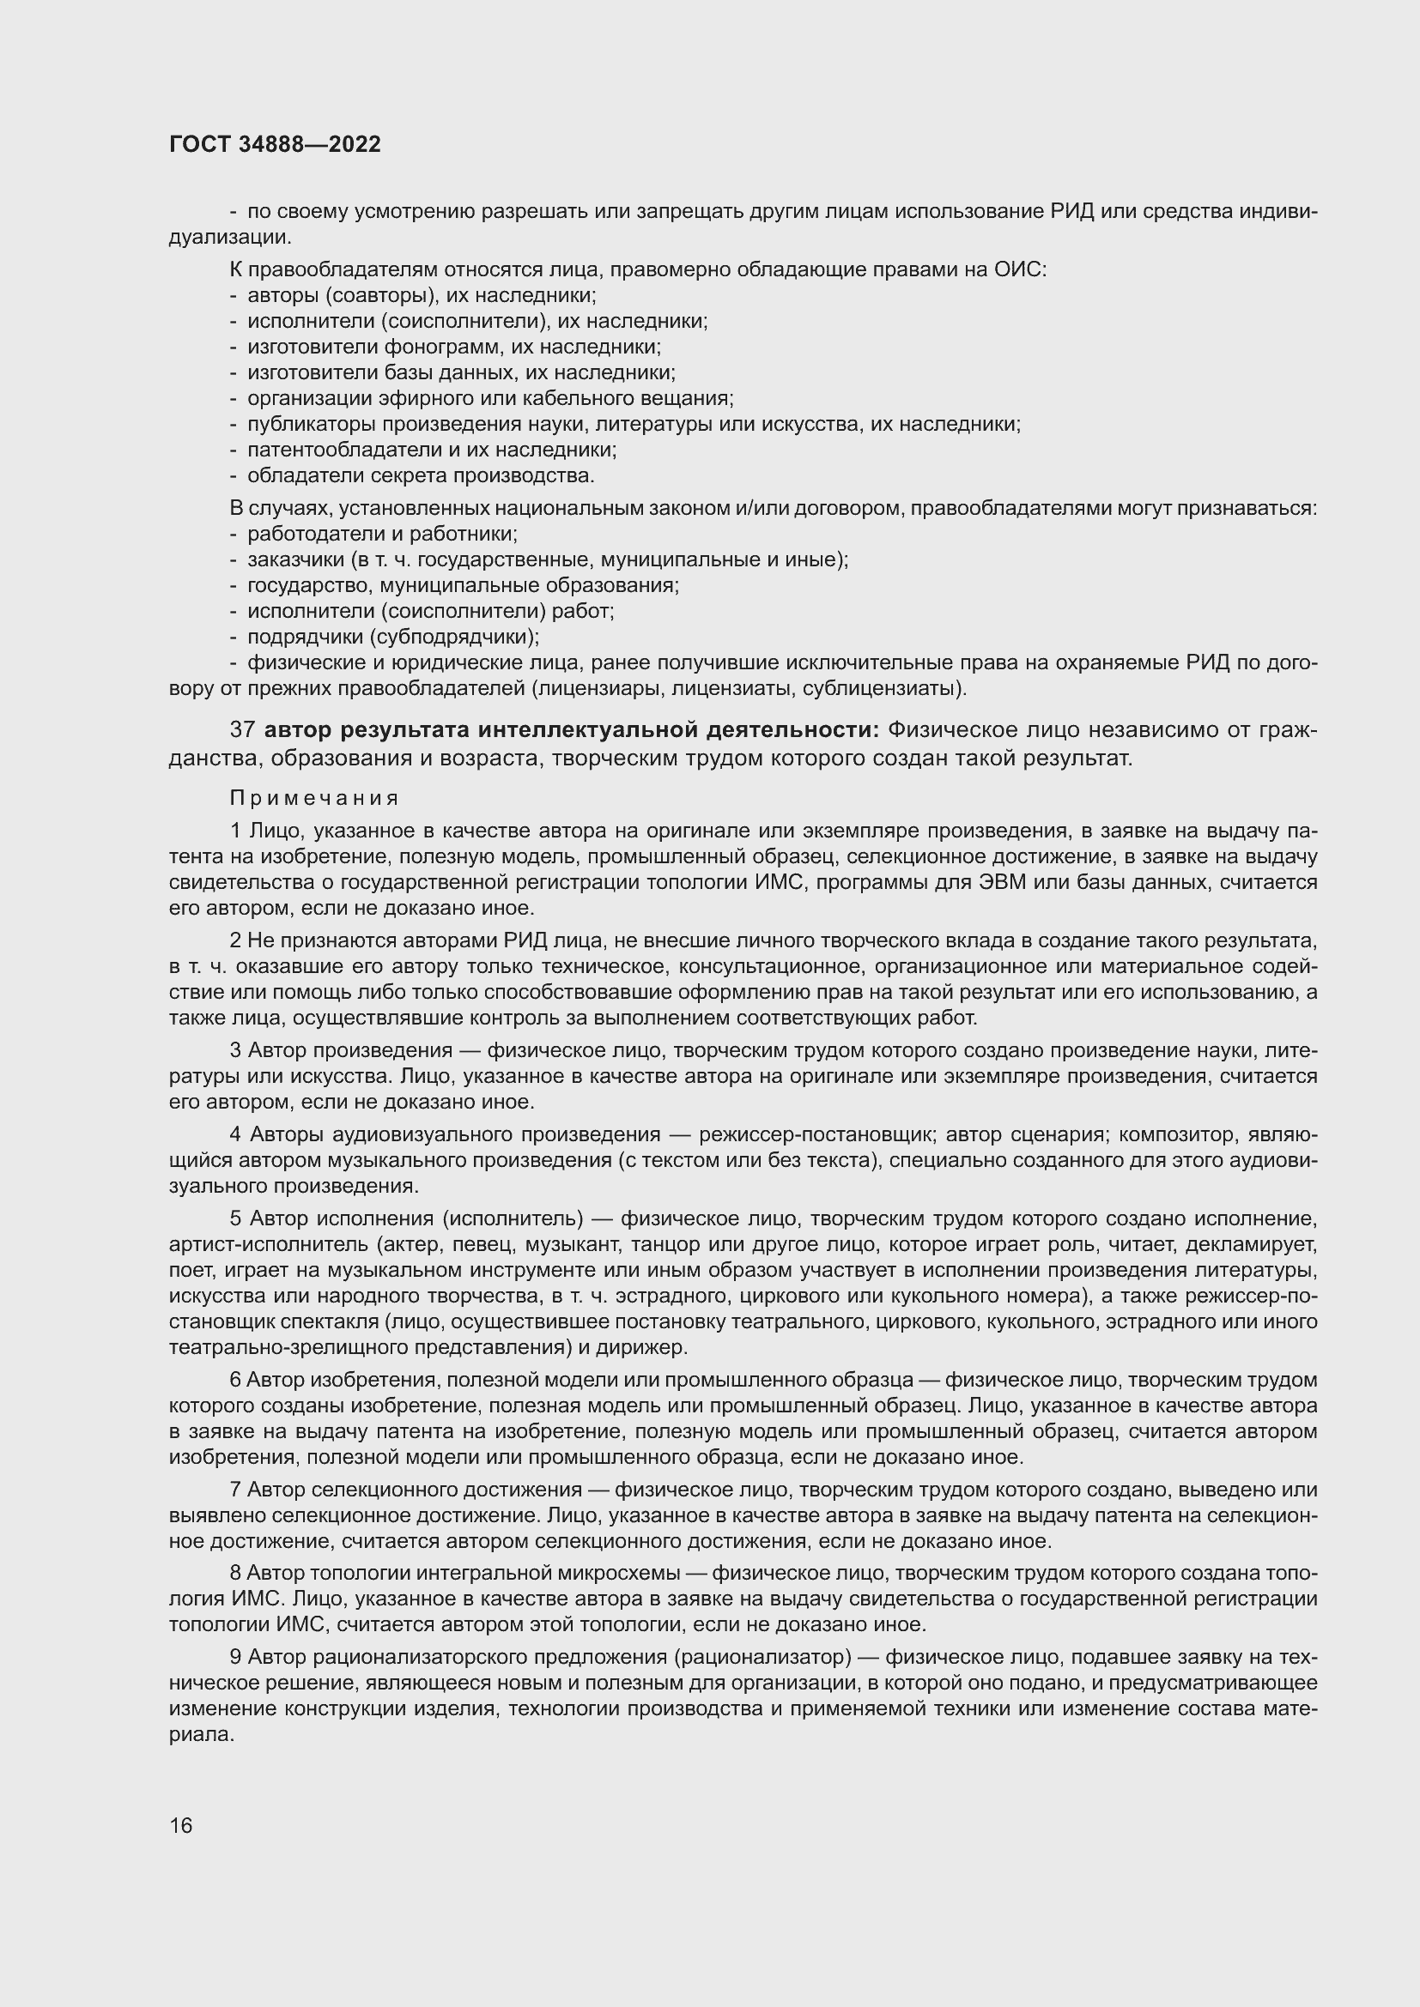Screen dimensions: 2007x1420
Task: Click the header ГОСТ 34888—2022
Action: pyautogui.click(x=275, y=145)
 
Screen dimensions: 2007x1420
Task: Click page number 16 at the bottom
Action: pyautogui.click(x=181, y=1826)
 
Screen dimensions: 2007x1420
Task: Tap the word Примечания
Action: pyautogui.click(x=314, y=798)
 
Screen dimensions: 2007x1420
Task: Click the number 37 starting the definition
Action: pyautogui.click(x=241, y=730)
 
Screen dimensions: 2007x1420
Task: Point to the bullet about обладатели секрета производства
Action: pyautogui.click(x=421, y=475)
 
